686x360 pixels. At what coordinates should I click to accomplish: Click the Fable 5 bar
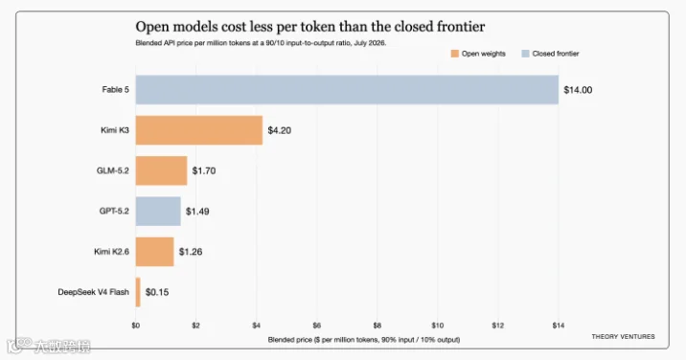[x=347, y=90]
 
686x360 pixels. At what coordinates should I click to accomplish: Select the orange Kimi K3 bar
[x=199, y=130]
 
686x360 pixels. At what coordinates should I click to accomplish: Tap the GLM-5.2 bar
[x=161, y=170]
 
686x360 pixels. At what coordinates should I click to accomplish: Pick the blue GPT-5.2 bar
[x=158, y=212]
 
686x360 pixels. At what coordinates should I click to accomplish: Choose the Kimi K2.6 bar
[x=154, y=252]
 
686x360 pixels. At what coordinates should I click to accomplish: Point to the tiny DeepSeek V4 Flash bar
[x=138, y=292]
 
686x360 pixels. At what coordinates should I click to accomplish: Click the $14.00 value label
[x=578, y=90]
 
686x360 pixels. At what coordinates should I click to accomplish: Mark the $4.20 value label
[x=280, y=130]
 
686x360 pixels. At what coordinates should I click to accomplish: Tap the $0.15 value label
[x=157, y=292]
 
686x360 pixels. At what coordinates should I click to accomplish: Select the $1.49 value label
[x=197, y=212]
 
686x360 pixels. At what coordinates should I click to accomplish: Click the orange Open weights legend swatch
[x=455, y=54]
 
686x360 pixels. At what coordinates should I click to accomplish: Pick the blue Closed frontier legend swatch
[x=525, y=54]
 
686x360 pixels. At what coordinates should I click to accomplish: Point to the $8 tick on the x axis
[x=377, y=326]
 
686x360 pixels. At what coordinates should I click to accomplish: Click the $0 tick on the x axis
[x=136, y=326]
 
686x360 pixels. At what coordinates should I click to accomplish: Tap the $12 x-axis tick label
[x=498, y=326]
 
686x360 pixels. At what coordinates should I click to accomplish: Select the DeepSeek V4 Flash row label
[x=93, y=292]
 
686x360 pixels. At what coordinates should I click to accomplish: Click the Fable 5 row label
[x=116, y=90]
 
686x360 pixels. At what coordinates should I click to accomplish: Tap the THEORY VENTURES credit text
[x=623, y=336]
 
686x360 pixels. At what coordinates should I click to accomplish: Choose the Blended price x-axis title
[x=363, y=340]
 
